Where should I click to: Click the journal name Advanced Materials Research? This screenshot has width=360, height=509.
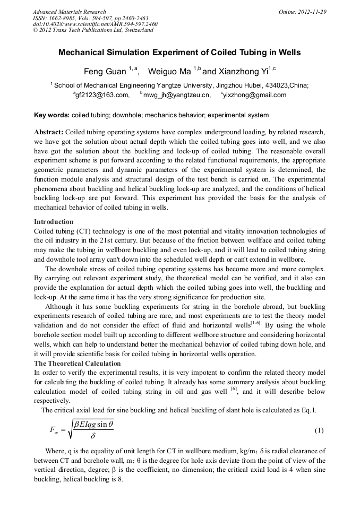pyautogui.click(x=69, y=12)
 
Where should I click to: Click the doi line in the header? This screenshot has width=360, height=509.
pyautogui.click(x=95, y=24)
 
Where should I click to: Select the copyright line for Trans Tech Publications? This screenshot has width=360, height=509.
pyautogui.click(x=93, y=30)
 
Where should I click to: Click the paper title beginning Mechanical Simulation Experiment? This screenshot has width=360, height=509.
pyautogui.click(x=179, y=53)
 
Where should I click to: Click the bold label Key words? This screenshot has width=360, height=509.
pyautogui.click(x=52, y=115)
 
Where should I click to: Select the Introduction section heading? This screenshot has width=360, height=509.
pyautogui.click(x=54, y=221)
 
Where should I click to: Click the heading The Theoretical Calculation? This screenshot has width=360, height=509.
pyautogui.click(x=77, y=364)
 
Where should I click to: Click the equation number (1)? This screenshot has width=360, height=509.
pyautogui.click(x=319, y=430)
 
